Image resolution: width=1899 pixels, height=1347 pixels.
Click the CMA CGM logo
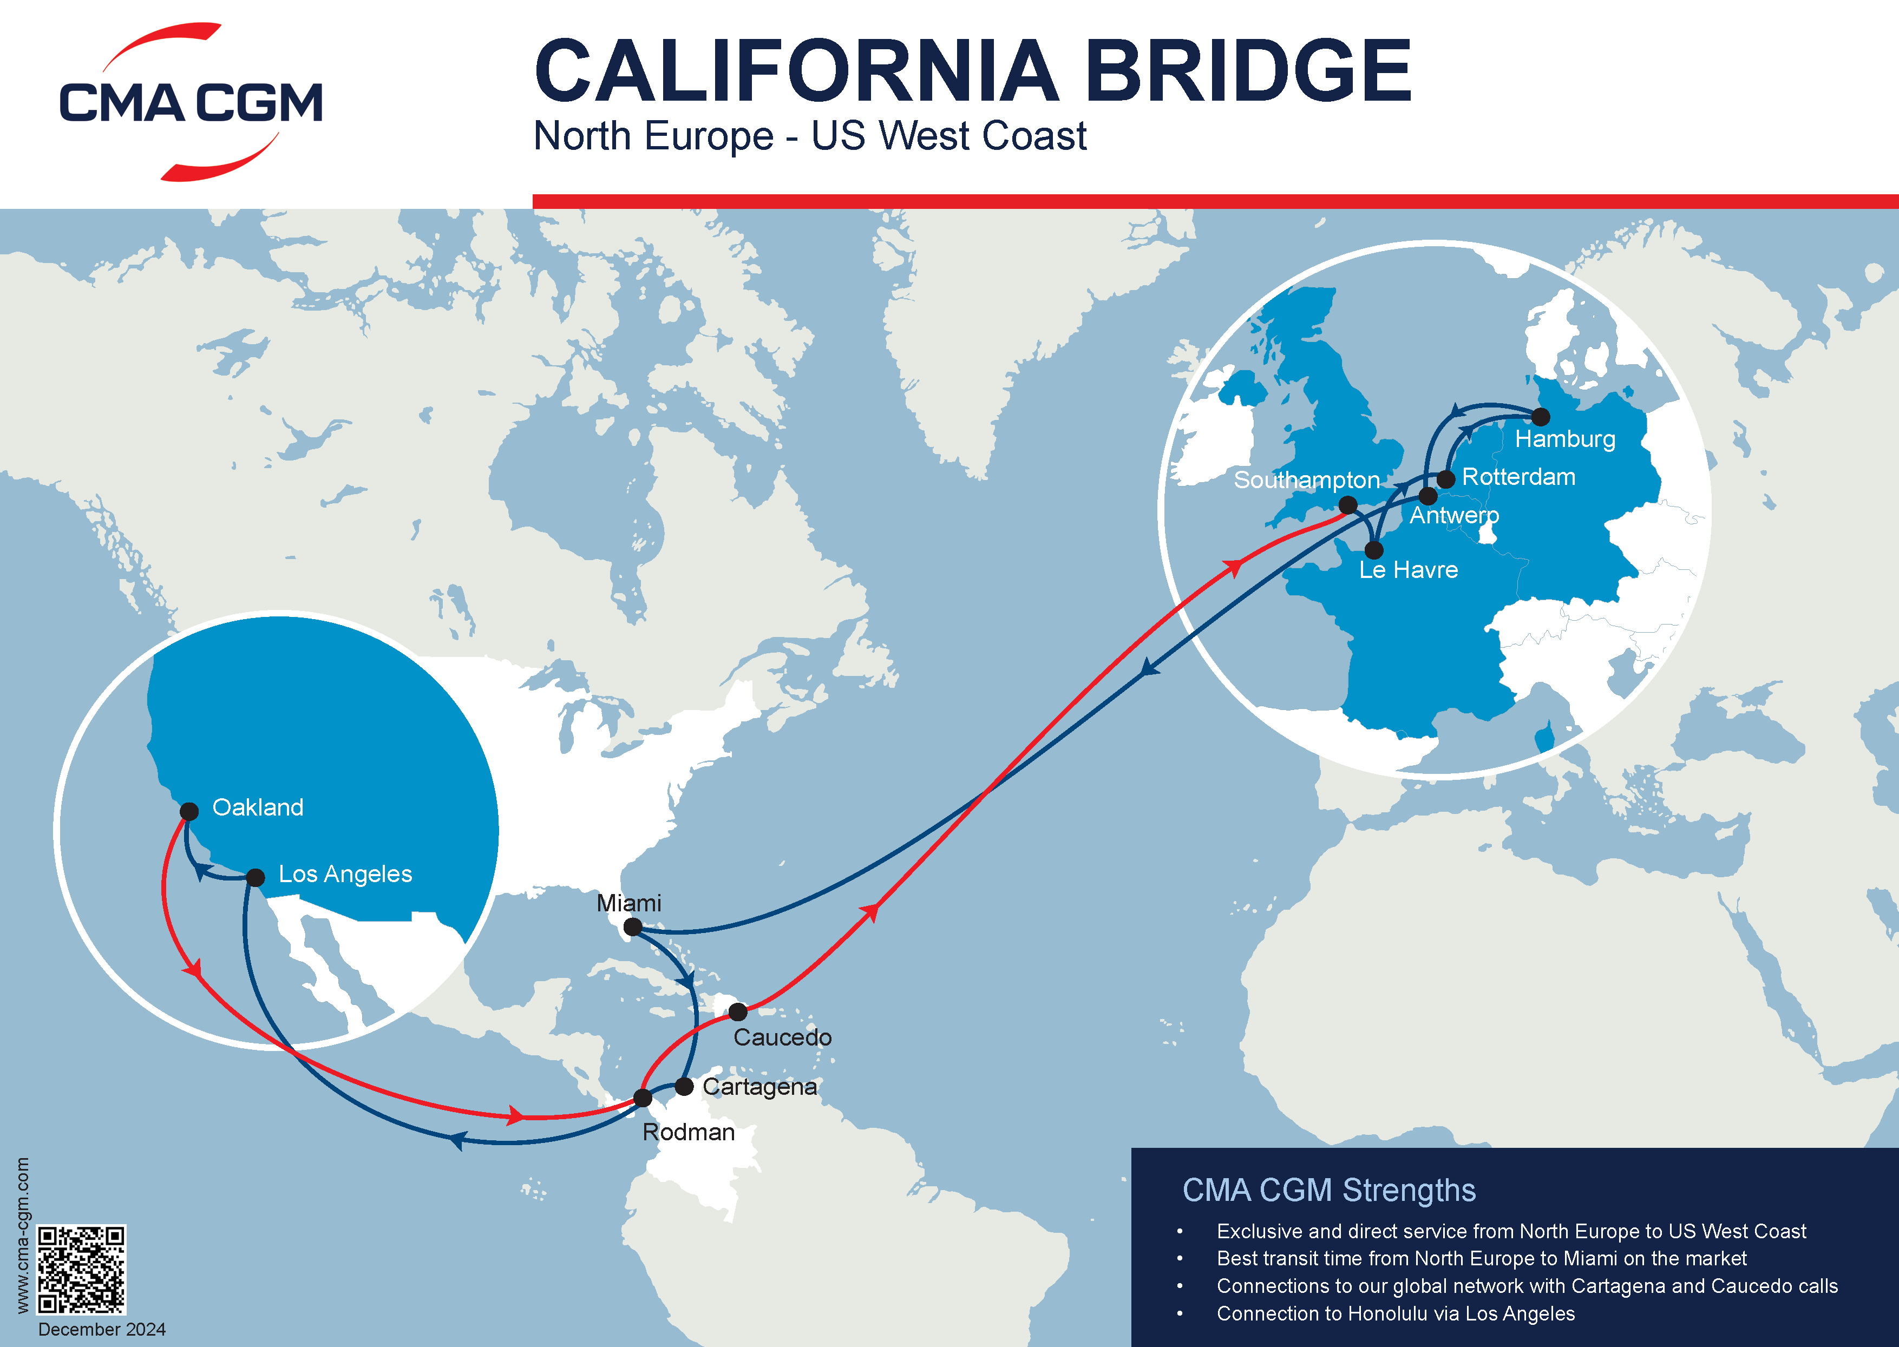click(x=191, y=102)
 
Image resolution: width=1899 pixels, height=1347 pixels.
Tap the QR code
click(x=81, y=1269)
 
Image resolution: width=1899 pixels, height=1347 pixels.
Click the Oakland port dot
click(x=189, y=811)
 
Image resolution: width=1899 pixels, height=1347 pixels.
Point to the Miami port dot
click(x=632, y=927)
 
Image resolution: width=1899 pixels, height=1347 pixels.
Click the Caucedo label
click(x=782, y=1037)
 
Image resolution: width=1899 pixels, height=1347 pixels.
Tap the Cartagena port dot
click(x=684, y=1087)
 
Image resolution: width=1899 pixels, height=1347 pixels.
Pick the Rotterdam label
click(x=1518, y=477)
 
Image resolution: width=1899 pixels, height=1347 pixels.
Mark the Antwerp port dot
click(x=1428, y=496)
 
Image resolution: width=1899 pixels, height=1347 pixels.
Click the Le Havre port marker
click(x=1374, y=550)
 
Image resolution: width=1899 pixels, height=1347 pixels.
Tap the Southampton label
click(x=1307, y=479)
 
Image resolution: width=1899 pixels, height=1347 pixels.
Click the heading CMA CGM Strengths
click(x=1328, y=1190)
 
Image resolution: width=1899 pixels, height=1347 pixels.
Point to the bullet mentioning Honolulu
click(x=1396, y=1314)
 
